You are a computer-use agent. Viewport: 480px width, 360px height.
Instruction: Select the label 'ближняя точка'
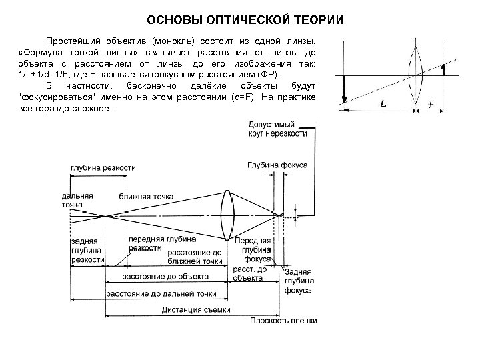tap(146, 197)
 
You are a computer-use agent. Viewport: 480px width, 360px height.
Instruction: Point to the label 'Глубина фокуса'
tap(277, 165)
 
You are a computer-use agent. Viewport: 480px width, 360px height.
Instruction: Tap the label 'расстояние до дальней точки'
tap(162, 293)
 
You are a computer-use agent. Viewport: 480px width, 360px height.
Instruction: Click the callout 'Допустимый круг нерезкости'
tap(277, 129)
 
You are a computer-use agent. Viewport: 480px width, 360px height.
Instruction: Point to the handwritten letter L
tap(385, 105)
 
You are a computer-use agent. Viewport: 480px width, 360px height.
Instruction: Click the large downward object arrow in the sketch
tap(345, 89)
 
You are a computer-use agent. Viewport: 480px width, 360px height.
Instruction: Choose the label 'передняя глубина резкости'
tap(162, 243)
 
